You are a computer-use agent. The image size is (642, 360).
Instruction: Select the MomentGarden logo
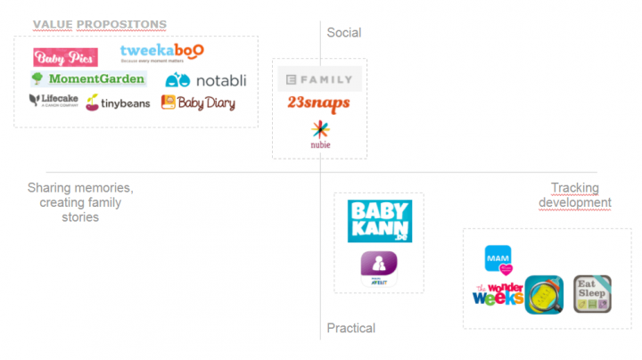[86, 78]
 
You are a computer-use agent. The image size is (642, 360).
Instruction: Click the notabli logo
[205, 80]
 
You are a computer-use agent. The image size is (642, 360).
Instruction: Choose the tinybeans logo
[118, 103]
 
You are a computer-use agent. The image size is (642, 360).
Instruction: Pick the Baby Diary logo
[198, 102]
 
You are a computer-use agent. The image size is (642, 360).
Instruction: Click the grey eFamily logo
[319, 79]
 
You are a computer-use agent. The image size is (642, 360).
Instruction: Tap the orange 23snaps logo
[318, 103]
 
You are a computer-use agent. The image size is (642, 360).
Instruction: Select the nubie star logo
[320, 134]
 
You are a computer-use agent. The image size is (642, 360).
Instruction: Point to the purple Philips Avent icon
[378, 267]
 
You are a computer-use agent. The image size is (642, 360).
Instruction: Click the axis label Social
[344, 33]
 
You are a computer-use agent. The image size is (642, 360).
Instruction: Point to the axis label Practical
[350, 328]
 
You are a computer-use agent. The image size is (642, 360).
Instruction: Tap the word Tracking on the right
[575, 188]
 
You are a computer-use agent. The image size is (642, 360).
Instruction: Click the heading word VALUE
[53, 24]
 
